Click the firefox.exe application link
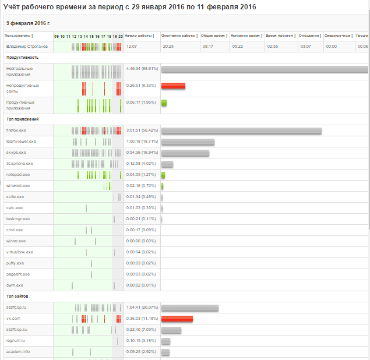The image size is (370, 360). coord(16,130)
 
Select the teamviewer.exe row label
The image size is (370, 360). coord(21,141)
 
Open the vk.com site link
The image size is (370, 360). coord(13,318)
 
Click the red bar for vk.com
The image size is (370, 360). coord(177,319)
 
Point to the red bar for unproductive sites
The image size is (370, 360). coord(173,86)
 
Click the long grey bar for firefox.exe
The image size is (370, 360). coord(241,130)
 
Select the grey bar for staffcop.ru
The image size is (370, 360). coord(189,308)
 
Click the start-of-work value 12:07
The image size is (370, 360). coord(132,45)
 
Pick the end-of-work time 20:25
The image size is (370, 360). coord(168,45)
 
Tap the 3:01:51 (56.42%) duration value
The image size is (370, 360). coord(142,130)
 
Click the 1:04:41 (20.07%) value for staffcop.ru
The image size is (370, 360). coord(142,307)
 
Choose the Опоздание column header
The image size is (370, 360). coord(310,36)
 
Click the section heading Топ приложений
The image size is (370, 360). coord(22,119)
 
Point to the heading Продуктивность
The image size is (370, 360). coord(22,57)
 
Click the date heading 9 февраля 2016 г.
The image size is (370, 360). coord(29,23)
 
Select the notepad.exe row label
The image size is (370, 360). coord(18,174)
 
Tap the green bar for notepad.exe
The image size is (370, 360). coord(163,175)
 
